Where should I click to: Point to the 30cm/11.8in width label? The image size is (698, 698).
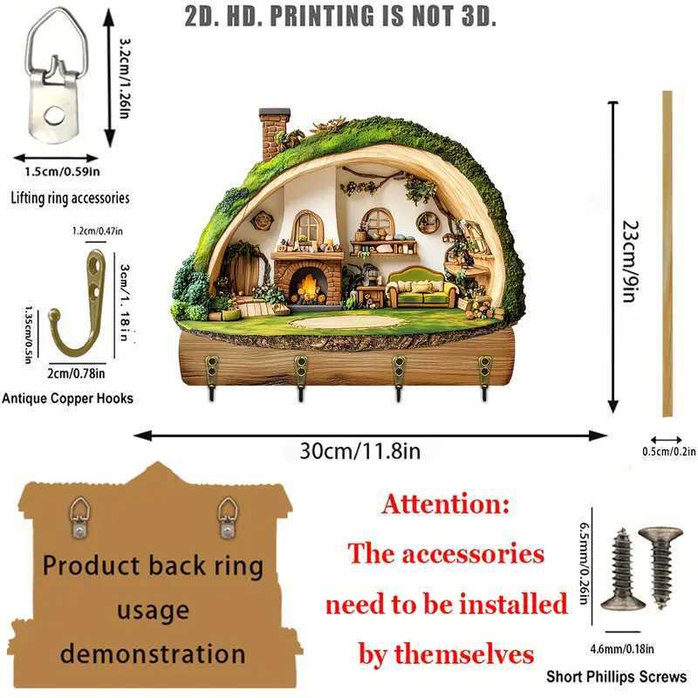pyautogui.click(x=360, y=451)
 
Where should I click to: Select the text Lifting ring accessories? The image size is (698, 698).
pyautogui.click(x=70, y=198)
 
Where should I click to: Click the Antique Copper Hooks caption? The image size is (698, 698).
pyautogui.click(x=68, y=398)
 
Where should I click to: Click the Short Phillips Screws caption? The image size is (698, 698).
pyautogui.click(x=616, y=676)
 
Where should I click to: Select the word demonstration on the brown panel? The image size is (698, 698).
pyautogui.click(x=154, y=653)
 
